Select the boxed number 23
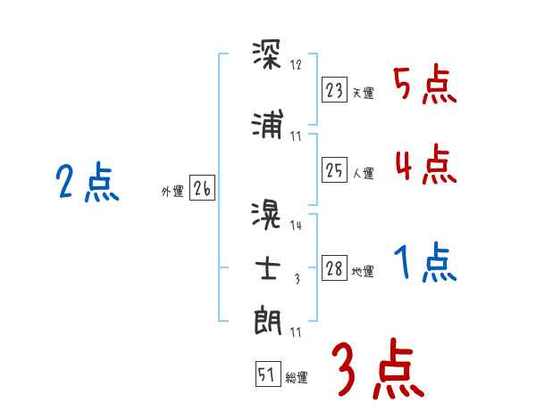(335, 90)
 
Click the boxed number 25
(335, 170)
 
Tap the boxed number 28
(335, 269)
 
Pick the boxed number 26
(202, 188)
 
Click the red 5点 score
(424, 86)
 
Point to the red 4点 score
(424, 166)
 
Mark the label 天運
(363, 93)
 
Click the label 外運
(172, 191)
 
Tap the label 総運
(297, 378)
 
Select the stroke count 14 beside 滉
(297, 226)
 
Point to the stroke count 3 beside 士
(297, 279)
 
